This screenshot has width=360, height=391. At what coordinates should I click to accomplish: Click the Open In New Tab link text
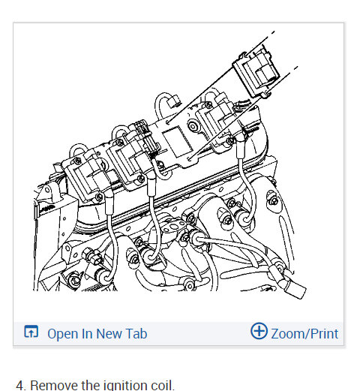97,333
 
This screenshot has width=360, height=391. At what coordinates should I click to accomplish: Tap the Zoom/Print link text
304,334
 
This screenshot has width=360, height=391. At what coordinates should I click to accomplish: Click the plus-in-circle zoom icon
259,331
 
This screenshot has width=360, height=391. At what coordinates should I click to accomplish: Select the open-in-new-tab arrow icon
31,331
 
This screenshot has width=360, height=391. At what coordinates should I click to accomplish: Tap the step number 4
20,386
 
